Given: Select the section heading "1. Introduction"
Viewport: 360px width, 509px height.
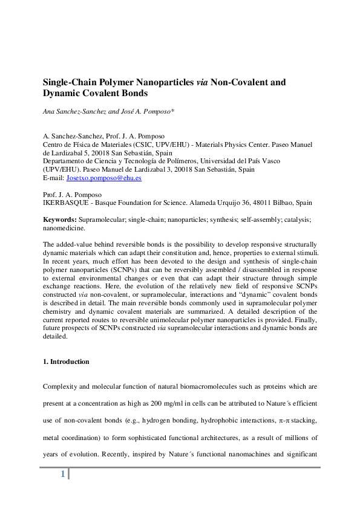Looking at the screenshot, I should pos(66,361).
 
